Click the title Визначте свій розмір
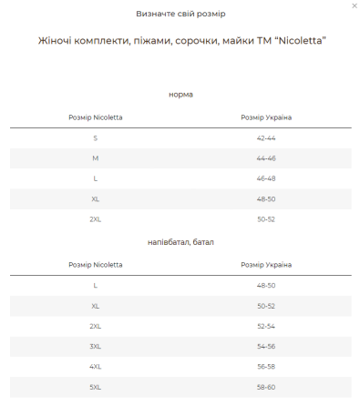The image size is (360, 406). [x=180, y=15]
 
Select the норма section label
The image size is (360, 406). [x=180, y=95]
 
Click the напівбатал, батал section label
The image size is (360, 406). [x=180, y=242]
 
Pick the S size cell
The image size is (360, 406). [x=95, y=137]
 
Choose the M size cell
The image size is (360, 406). [x=95, y=157]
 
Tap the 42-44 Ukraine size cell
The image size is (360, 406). [x=266, y=137]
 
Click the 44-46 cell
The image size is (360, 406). [x=266, y=157]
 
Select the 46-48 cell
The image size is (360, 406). [x=266, y=178]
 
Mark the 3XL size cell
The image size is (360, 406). [x=95, y=346]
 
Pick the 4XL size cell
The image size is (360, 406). [x=95, y=367]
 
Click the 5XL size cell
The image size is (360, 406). [x=95, y=387]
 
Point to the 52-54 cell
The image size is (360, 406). [x=266, y=326]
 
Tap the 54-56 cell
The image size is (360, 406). [x=266, y=346]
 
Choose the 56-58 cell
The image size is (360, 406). [x=266, y=367]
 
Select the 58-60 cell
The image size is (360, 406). [x=266, y=387]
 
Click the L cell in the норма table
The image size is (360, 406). [x=95, y=178]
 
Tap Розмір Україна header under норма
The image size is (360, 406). [x=266, y=117]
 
